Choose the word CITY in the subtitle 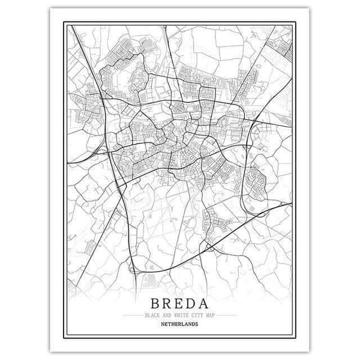pyautogui.click(x=193, y=314)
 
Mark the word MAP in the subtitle pyautogui.click(x=206, y=314)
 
